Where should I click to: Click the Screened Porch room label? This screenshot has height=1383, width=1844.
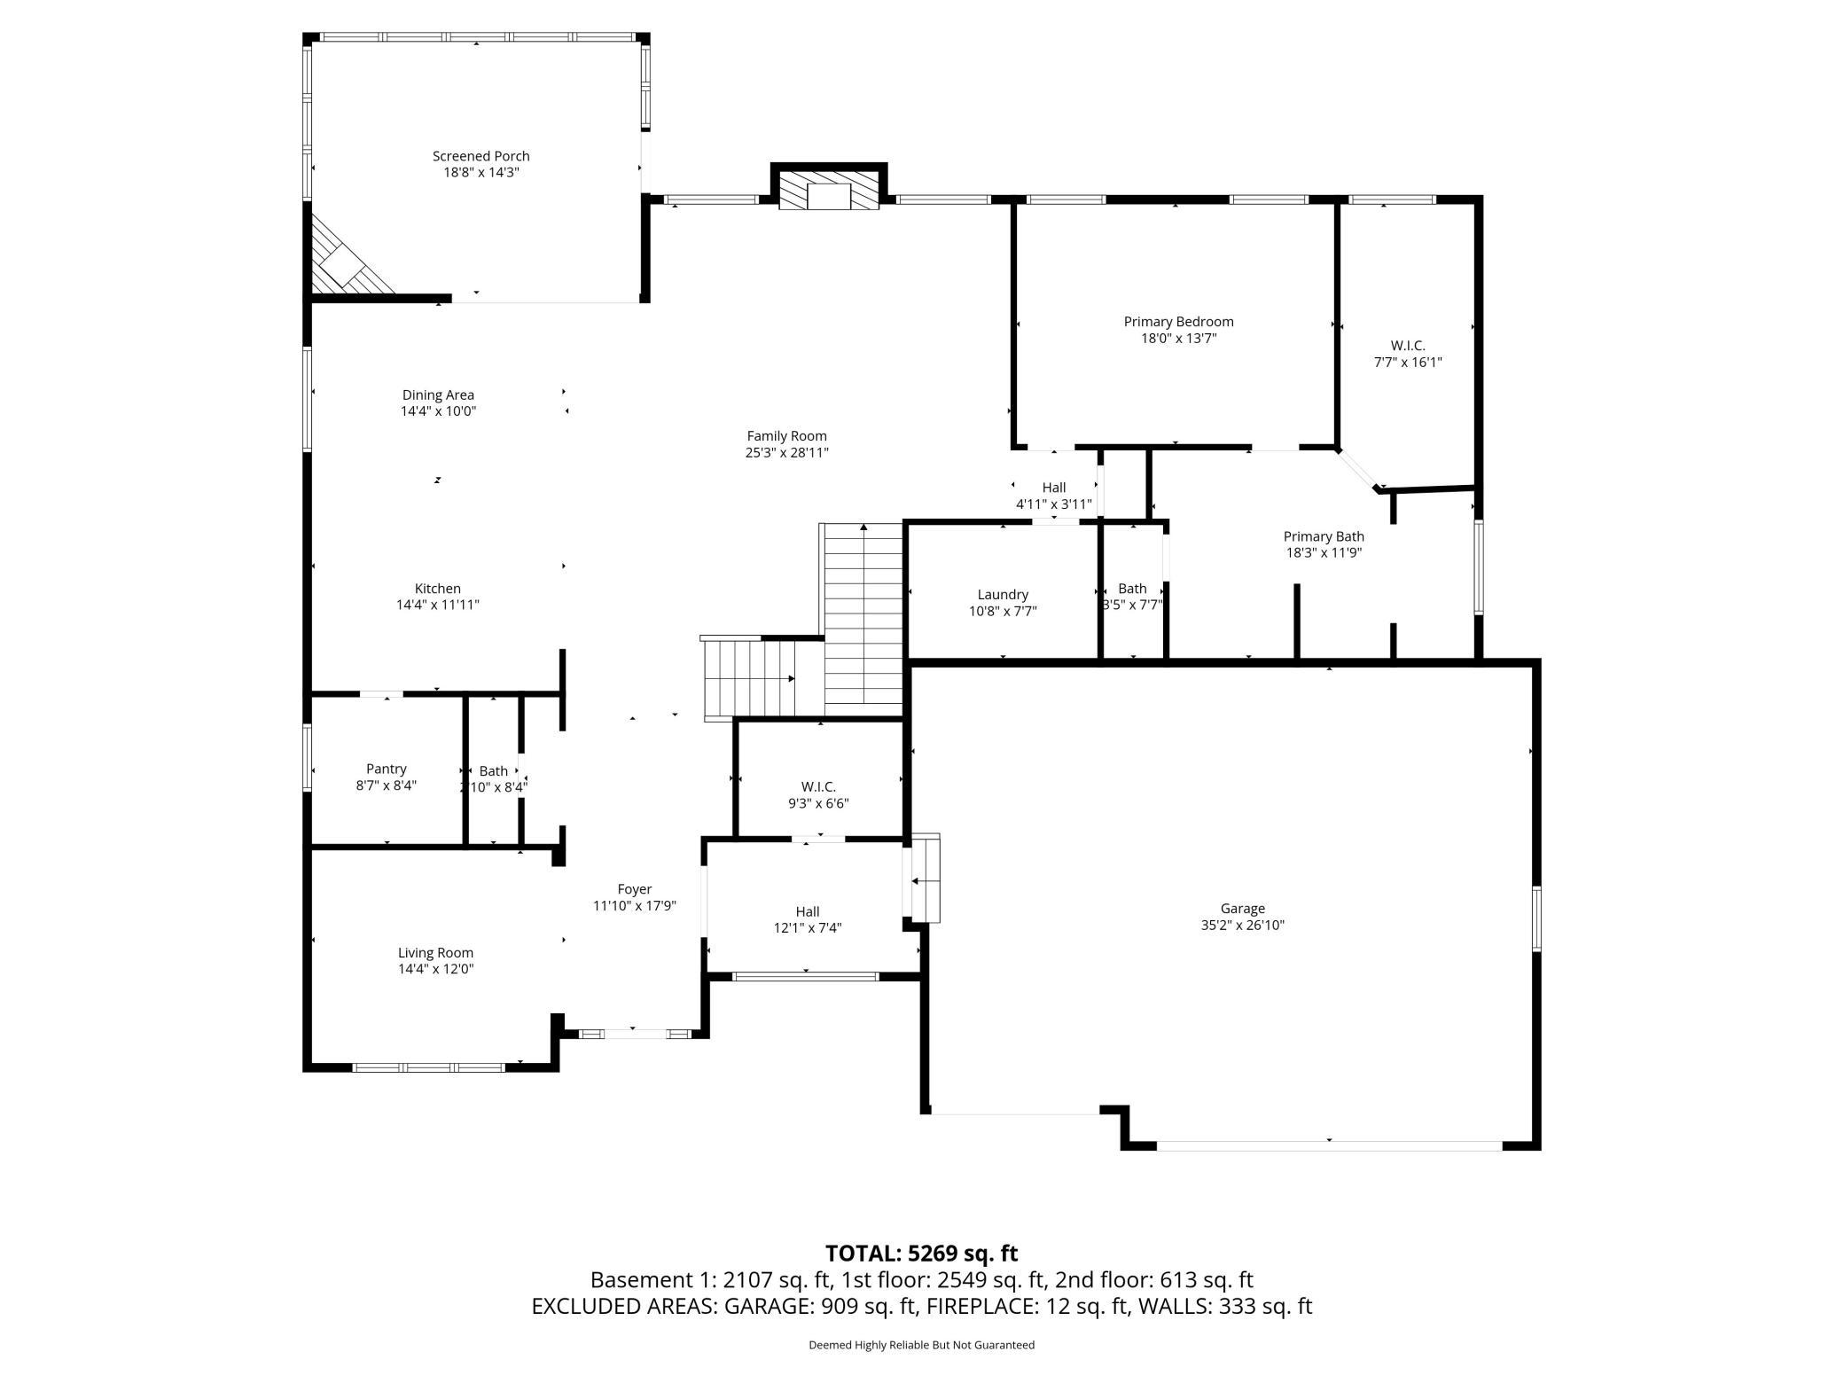point(481,156)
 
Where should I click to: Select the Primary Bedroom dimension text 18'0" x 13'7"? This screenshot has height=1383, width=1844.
point(1178,338)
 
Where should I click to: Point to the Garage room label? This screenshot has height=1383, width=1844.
point(1242,909)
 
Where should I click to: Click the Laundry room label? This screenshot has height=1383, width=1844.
point(1003,595)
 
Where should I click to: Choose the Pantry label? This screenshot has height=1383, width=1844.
point(387,769)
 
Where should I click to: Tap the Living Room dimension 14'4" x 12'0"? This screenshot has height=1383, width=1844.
point(435,969)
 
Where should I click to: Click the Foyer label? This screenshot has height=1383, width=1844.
point(635,889)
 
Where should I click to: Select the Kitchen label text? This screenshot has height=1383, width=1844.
point(438,589)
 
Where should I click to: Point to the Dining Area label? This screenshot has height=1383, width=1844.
point(438,395)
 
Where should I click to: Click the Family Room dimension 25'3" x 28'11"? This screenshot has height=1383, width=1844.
point(786,452)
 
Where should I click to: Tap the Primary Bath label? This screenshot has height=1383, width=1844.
point(1324,536)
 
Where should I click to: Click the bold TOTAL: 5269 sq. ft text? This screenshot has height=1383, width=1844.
point(921,1254)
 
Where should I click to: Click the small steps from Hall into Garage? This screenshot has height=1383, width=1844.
point(925,879)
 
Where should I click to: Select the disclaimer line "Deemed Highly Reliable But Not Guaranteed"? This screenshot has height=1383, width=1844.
point(921,1345)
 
